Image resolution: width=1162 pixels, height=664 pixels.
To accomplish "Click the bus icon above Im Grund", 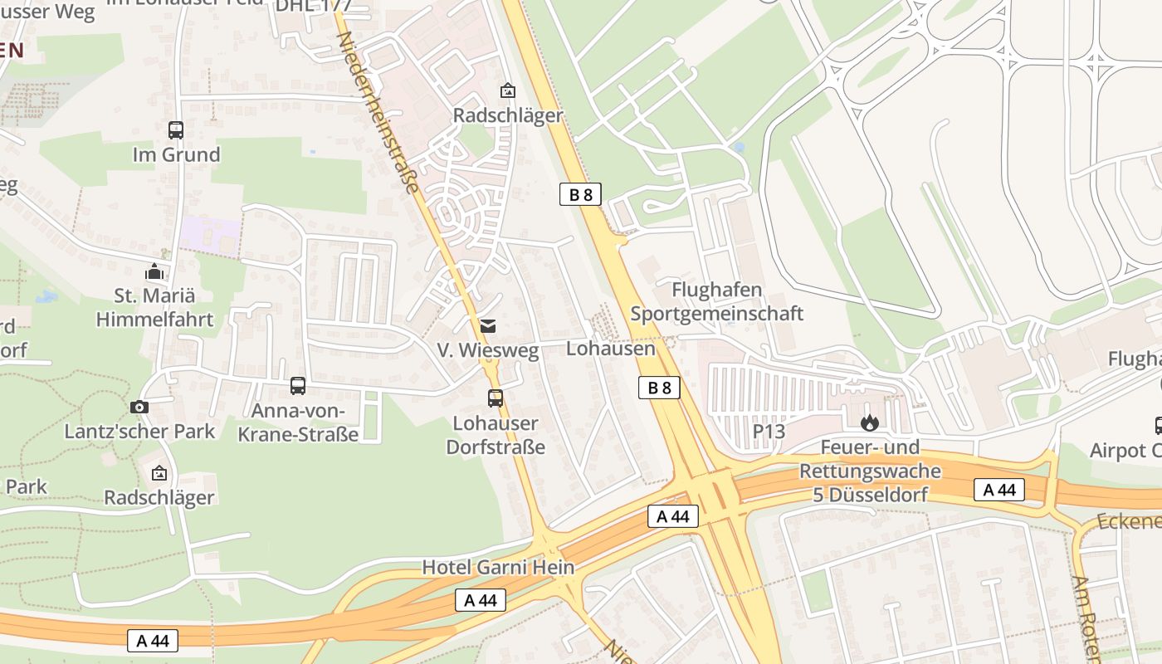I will pos(176,130).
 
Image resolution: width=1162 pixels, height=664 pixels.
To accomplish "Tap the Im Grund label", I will pos(176,155).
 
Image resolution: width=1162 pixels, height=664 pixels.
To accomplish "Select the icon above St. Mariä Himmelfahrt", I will pos(154,271).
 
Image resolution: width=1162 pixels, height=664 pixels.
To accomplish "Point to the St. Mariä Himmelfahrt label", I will pos(154,308).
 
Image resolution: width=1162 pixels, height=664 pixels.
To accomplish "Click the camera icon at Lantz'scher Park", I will pos(139,407).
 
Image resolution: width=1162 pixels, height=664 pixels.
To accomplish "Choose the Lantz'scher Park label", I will pos(139,432).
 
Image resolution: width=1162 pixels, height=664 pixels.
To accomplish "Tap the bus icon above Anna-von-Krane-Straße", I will pos(298,386).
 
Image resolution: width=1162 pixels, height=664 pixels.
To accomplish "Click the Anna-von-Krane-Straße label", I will pos(298,422).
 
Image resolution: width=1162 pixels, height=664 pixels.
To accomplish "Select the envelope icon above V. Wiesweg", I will pos(488,326).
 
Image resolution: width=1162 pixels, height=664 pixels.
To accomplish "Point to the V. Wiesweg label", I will pos(488,351).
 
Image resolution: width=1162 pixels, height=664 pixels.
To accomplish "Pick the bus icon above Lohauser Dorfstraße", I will pos(496,398).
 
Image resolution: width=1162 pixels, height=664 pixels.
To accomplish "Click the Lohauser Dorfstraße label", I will pos(496,435).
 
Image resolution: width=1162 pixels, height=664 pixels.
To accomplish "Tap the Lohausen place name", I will pos(610,349).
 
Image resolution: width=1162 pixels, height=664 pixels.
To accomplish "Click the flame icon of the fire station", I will pos(870,423).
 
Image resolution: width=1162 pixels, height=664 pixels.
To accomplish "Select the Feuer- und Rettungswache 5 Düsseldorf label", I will pos(870,471).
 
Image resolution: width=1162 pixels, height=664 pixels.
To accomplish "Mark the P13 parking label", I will pos(769,432).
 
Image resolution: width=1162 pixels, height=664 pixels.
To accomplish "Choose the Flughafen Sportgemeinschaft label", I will pos(717,302).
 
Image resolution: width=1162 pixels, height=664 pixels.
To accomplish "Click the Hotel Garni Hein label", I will pos(498,568).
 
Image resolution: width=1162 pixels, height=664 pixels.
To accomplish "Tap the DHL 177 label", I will pos(313,6).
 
